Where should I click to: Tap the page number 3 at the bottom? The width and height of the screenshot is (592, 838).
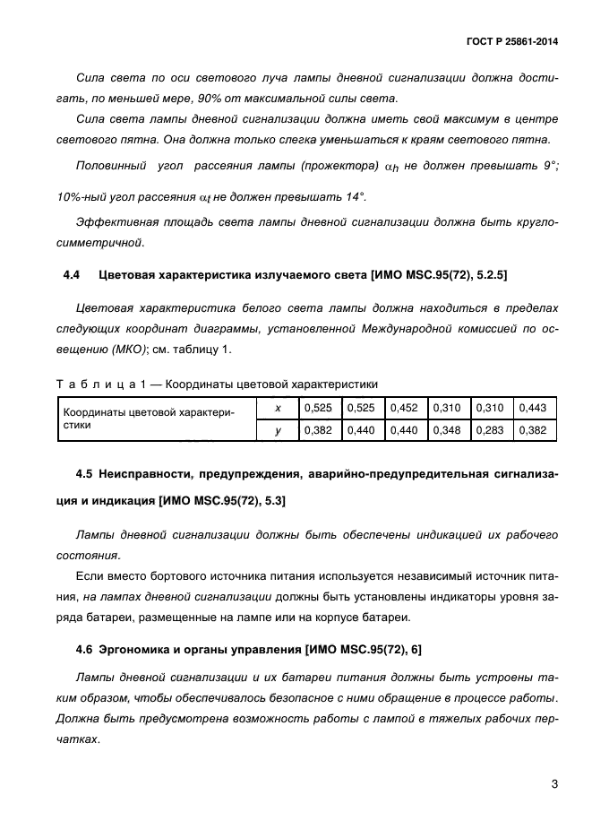[554, 784]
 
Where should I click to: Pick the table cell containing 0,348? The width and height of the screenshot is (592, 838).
[448, 430]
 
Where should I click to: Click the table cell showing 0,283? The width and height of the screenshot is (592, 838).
[491, 430]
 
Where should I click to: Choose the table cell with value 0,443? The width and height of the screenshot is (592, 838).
[534, 408]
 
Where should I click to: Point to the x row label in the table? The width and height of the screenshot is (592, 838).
[278, 408]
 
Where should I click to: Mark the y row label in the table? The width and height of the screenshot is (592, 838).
[278, 430]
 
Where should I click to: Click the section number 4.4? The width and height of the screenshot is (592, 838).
[68, 273]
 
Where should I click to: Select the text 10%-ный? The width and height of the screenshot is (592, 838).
[80, 196]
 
